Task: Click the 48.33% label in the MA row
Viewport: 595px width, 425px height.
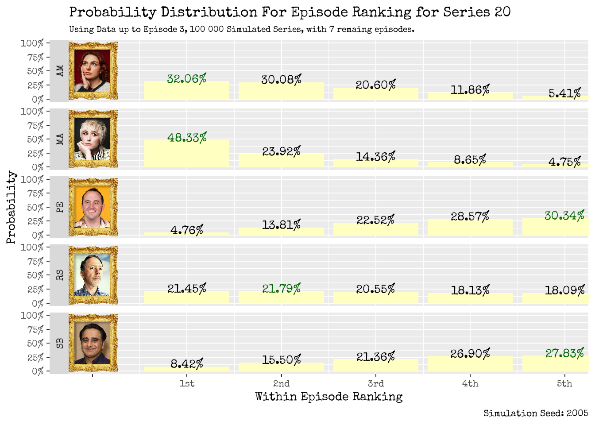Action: click(187, 138)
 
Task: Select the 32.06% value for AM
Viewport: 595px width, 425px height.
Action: click(187, 79)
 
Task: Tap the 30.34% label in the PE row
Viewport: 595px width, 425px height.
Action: click(564, 216)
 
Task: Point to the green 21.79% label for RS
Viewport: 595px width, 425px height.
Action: click(281, 289)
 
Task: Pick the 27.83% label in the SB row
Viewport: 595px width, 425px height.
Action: click(564, 353)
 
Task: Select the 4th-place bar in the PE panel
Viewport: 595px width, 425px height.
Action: click(470, 228)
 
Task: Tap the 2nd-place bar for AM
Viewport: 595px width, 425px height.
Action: click(281, 91)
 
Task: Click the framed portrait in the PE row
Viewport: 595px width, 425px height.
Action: click(93, 207)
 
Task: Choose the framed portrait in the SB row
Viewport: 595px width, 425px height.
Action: click(93, 343)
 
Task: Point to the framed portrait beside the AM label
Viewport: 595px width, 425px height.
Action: click(93, 71)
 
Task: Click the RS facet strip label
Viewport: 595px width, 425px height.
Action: click(59, 275)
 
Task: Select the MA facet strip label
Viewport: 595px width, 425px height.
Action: click(59, 139)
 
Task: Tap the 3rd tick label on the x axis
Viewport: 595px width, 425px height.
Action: click(376, 383)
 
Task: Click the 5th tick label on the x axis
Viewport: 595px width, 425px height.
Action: click(564, 383)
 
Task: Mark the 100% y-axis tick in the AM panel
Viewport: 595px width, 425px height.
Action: click(32, 43)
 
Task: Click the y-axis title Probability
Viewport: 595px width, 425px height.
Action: click(11, 207)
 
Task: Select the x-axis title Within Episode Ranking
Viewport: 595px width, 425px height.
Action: click(329, 397)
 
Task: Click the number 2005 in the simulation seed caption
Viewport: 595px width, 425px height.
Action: click(577, 413)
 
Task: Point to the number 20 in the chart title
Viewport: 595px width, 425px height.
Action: click(502, 12)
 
